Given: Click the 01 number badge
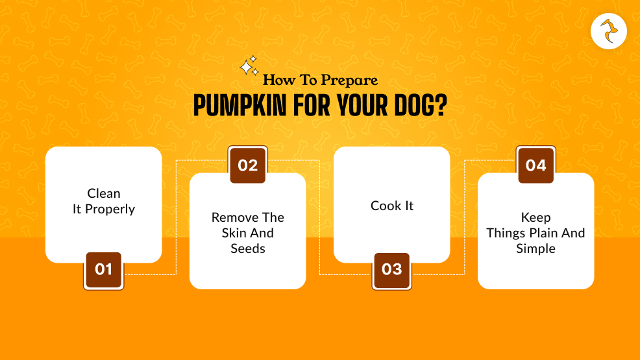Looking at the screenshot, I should click(103, 269).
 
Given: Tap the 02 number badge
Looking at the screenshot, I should click(248, 165).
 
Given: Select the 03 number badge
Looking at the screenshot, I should click(391, 269).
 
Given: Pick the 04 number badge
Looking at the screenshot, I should click(535, 165).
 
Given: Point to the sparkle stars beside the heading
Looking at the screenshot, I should click(249, 67).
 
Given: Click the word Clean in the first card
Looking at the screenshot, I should click(104, 193).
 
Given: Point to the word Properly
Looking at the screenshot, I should click(110, 210).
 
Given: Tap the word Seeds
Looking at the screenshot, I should click(248, 248).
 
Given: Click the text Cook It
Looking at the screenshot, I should click(392, 206).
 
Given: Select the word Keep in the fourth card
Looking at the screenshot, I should click(535, 217).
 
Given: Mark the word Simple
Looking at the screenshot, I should click(535, 248).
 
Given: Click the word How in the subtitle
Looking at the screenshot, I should click(275, 81).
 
